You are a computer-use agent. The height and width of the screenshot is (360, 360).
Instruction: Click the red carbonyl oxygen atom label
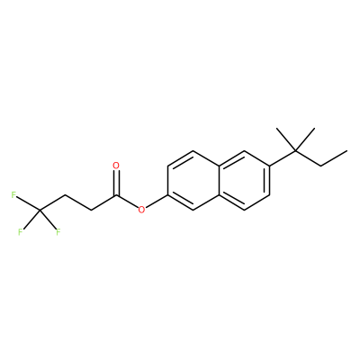[116, 166]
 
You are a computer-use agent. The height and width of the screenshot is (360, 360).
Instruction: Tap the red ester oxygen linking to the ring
[141, 210]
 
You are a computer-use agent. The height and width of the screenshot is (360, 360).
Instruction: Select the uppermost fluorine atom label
[13, 195]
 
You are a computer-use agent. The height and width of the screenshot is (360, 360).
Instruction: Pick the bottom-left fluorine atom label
[21, 232]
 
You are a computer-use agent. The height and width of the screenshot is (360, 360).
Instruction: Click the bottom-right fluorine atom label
[58, 232]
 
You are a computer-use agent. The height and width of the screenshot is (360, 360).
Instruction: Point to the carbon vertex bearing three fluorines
[40, 211]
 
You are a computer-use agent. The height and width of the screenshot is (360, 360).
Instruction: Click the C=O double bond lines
[116, 183]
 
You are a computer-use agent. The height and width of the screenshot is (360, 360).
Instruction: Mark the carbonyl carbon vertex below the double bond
[116, 196]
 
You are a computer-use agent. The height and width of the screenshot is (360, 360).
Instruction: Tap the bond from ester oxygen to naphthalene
[157, 202]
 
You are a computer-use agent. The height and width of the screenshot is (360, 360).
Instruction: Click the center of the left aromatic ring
[193, 181]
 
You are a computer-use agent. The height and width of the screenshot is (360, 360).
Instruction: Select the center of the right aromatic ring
[244, 181]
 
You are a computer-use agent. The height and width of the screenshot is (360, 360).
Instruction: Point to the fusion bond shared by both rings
[219, 181]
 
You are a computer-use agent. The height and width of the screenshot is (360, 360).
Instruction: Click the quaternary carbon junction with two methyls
[295, 151]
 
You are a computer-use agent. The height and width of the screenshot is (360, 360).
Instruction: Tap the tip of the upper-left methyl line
[276, 129]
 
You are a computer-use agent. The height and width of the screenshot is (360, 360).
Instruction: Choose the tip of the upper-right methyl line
[314, 129]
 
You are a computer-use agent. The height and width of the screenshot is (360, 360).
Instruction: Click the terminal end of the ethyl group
[347, 150]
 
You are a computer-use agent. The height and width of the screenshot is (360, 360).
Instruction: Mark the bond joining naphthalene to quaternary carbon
[283, 158]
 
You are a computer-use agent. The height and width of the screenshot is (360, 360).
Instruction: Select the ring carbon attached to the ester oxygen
[168, 195]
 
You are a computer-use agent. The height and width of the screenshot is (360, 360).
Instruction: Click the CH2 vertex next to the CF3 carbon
[65, 196]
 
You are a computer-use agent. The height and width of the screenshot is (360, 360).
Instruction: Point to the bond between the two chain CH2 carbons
[77, 203]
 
